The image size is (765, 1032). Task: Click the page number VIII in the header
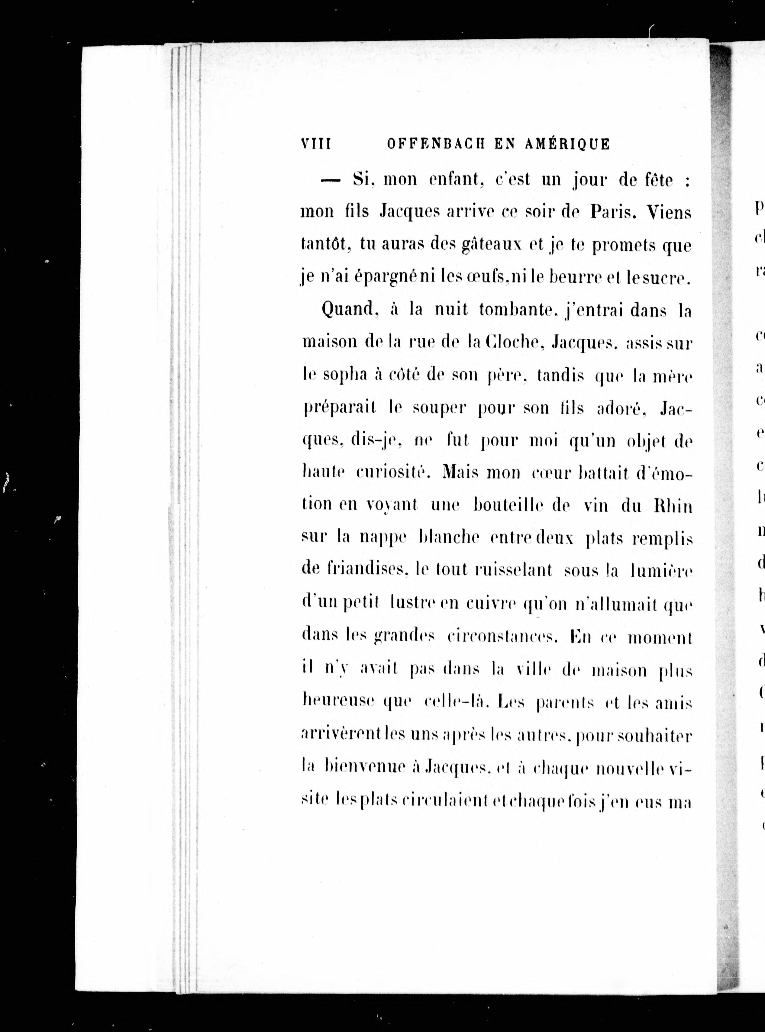(316, 144)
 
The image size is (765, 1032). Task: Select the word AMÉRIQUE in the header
(567, 144)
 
